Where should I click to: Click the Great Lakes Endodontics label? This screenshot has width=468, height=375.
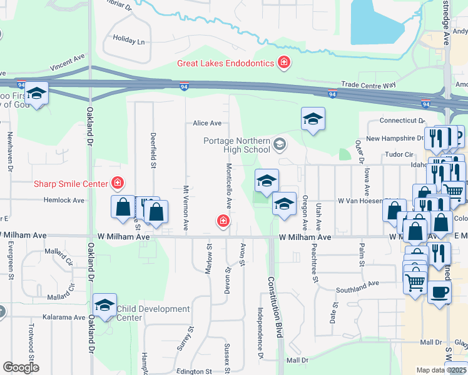click(x=225, y=62)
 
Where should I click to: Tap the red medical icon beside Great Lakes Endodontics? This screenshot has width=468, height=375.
click(x=284, y=62)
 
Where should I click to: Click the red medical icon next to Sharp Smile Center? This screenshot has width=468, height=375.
click(x=116, y=182)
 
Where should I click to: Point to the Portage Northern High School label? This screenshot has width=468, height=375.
click(x=237, y=145)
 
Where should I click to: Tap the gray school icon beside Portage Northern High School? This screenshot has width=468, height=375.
click(x=280, y=145)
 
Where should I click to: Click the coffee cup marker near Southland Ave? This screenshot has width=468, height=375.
click(x=439, y=291)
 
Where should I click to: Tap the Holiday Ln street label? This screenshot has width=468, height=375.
click(x=129, y=40)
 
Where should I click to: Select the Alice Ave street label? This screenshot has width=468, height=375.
click(x=207, y=123)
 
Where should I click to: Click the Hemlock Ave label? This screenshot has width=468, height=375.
click(x=64, y=201)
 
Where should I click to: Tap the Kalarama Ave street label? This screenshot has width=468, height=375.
click(x=64, y=317)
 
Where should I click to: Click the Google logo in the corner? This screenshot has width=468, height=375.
click(x=21, y=367)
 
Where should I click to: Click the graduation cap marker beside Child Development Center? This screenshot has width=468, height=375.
click(x=105, y=304)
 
